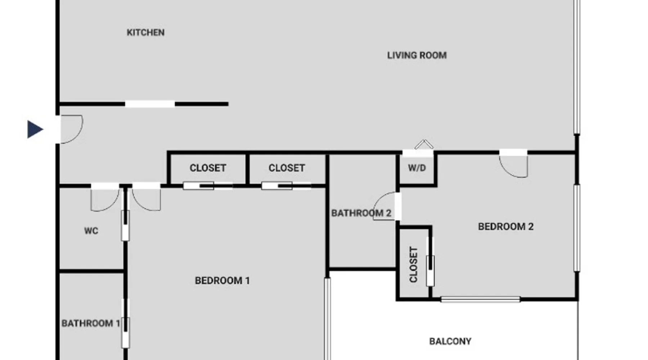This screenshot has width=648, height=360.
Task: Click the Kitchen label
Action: coord(145,33)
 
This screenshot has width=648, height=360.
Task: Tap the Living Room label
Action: coord(417,55)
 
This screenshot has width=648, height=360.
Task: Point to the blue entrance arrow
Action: coord(35,129)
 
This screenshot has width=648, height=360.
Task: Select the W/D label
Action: coord(417,168)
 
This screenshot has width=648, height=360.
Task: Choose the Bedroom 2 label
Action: coord(506,227)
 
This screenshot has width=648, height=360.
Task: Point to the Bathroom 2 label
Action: coord(361,213)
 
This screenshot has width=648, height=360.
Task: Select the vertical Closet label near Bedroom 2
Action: coord(414,265)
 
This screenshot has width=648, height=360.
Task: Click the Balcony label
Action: coord(450,341)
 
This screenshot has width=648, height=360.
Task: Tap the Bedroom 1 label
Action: coord(222,281)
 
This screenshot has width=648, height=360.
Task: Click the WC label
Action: coord(91,231)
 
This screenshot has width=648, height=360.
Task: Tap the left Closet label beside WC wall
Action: coord(208,168)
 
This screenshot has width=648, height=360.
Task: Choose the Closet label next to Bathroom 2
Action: coord(287,168)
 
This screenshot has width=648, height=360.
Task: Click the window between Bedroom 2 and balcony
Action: coord(480,299)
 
